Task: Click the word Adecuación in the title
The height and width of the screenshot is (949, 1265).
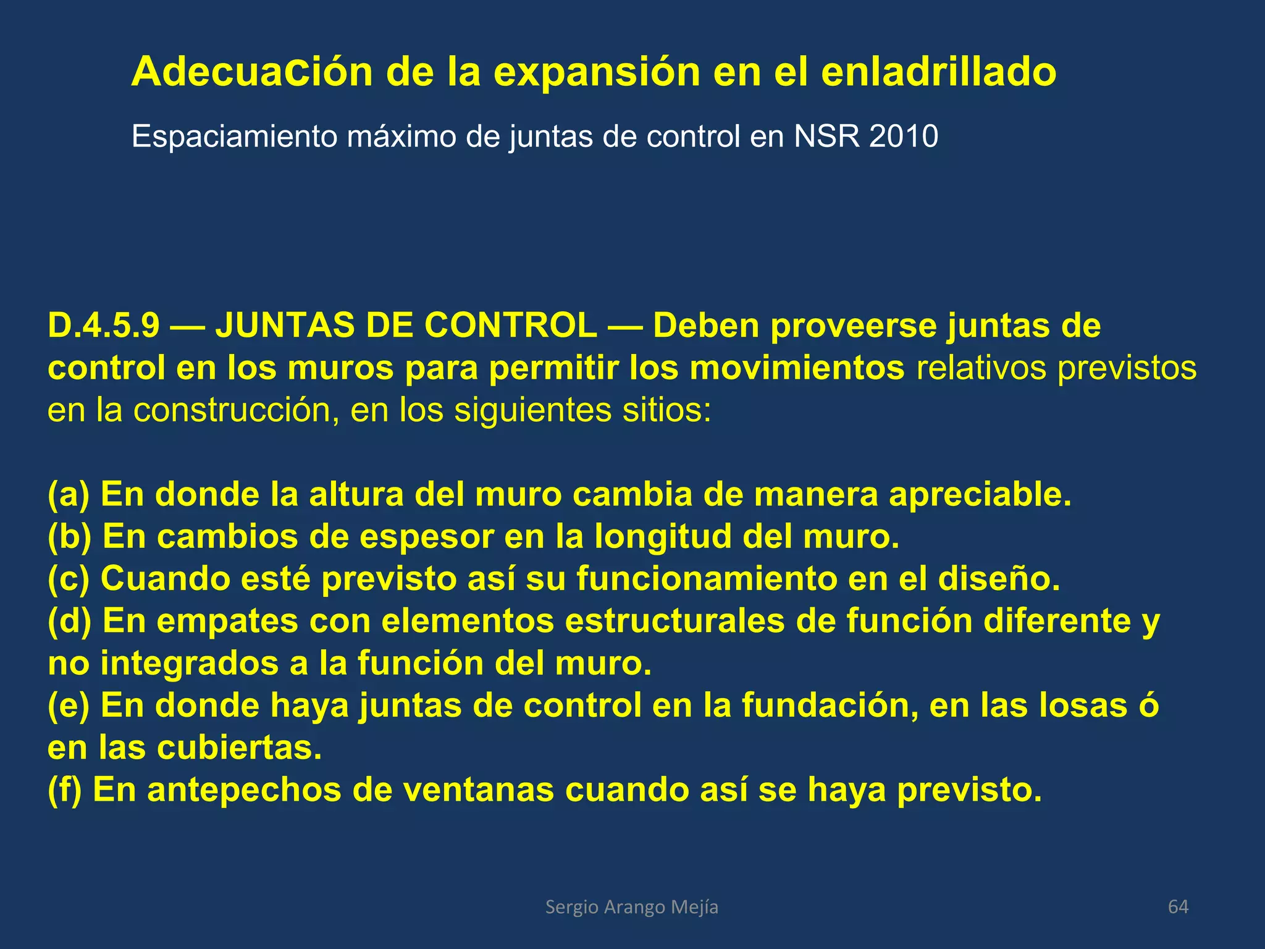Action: [x=252, y=72]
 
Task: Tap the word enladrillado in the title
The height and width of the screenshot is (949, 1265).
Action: [x=938, y=72]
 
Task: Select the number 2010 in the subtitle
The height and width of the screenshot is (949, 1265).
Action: [x=903, y=137]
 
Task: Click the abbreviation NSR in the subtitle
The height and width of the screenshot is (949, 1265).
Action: [x=826, y=137]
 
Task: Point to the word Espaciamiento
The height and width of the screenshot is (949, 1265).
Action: [x=235, y=137]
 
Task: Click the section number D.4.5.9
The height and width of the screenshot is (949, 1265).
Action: [x=104, y=326]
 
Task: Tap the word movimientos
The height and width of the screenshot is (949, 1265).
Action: [x=797, y=368]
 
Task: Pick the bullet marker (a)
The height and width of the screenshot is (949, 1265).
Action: [x=69, y=495]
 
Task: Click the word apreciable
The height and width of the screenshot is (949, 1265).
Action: [x=980, y=495]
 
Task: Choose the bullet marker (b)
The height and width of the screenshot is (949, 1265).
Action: [x=69, y=537]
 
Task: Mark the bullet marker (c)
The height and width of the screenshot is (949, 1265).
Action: [x=69, y=579]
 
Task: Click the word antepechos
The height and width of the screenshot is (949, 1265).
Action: [x=244, y=790]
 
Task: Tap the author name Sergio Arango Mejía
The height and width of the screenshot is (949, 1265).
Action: [x=632, y=907]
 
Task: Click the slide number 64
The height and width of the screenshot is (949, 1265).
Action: [x=1178, y=907]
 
